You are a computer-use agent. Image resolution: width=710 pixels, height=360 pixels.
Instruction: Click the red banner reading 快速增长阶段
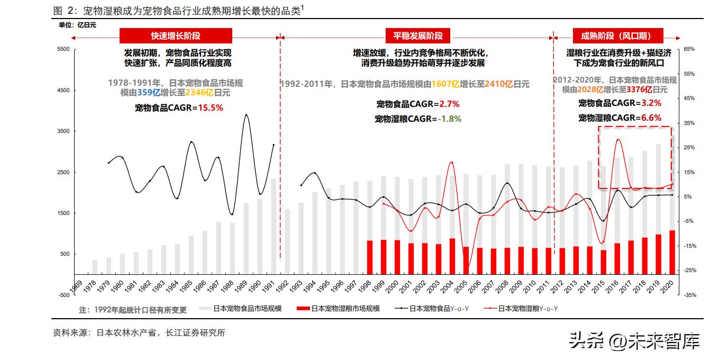point(176,36)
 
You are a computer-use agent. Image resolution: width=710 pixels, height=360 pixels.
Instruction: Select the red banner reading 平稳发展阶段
point(417,36)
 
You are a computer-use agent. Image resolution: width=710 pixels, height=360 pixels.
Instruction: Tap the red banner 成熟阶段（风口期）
point(615,36)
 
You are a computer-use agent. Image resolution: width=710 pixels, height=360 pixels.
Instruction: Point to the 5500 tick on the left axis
point(63,49)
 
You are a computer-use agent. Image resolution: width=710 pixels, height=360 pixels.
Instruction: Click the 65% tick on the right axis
point(689,49)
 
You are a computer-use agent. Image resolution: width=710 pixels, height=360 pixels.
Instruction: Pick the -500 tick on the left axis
point(63,295)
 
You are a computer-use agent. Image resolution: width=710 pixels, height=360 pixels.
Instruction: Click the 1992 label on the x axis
point(283,286)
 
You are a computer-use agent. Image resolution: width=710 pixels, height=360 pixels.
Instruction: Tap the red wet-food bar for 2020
point(672,253)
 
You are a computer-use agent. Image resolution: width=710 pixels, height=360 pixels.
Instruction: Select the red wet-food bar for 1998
point(370,258)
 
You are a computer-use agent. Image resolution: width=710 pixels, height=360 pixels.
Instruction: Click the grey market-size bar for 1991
point(274,228)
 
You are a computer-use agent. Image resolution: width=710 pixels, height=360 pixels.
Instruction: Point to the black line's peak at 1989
point(246,115)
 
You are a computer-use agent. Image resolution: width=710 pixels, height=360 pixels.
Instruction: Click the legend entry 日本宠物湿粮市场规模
point(339,309)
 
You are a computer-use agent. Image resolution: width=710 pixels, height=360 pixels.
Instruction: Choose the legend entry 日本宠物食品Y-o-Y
point(432,309)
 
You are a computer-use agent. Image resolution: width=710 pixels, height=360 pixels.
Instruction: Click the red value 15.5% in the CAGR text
point(210,107)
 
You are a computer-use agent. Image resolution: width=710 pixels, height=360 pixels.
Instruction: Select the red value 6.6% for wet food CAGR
point(651,118)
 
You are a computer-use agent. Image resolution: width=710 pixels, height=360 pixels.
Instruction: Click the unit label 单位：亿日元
point(77,24)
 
